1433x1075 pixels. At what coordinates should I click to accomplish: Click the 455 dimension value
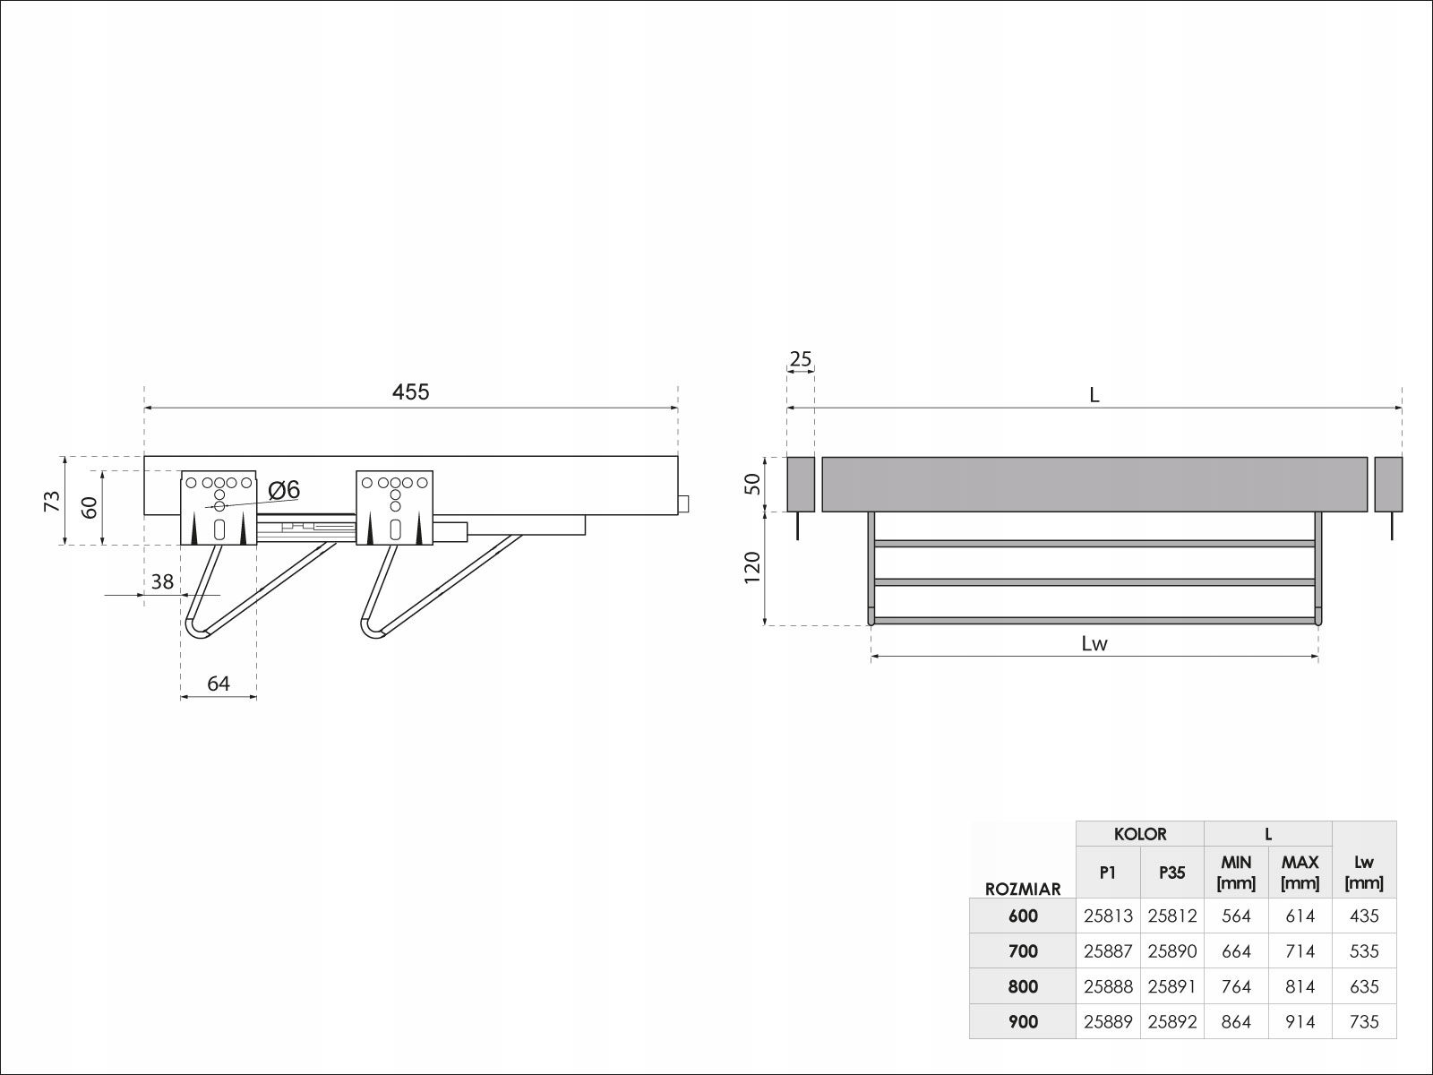point(410,391)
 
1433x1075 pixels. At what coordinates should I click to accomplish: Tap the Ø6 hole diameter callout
point(284,489)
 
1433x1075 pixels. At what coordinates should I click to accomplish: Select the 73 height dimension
point(52,501)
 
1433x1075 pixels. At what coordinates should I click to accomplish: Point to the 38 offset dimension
point(163,581)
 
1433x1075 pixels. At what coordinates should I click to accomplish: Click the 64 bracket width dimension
point(219,684)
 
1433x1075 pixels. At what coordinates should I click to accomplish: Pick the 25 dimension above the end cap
point(801,359)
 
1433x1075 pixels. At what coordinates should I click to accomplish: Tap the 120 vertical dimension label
point(752,568)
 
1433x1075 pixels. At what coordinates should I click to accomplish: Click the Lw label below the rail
point(1094,643)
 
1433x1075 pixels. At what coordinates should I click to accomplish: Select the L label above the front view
point(1094,395)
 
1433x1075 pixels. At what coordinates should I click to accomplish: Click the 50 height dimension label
point(752,484)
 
